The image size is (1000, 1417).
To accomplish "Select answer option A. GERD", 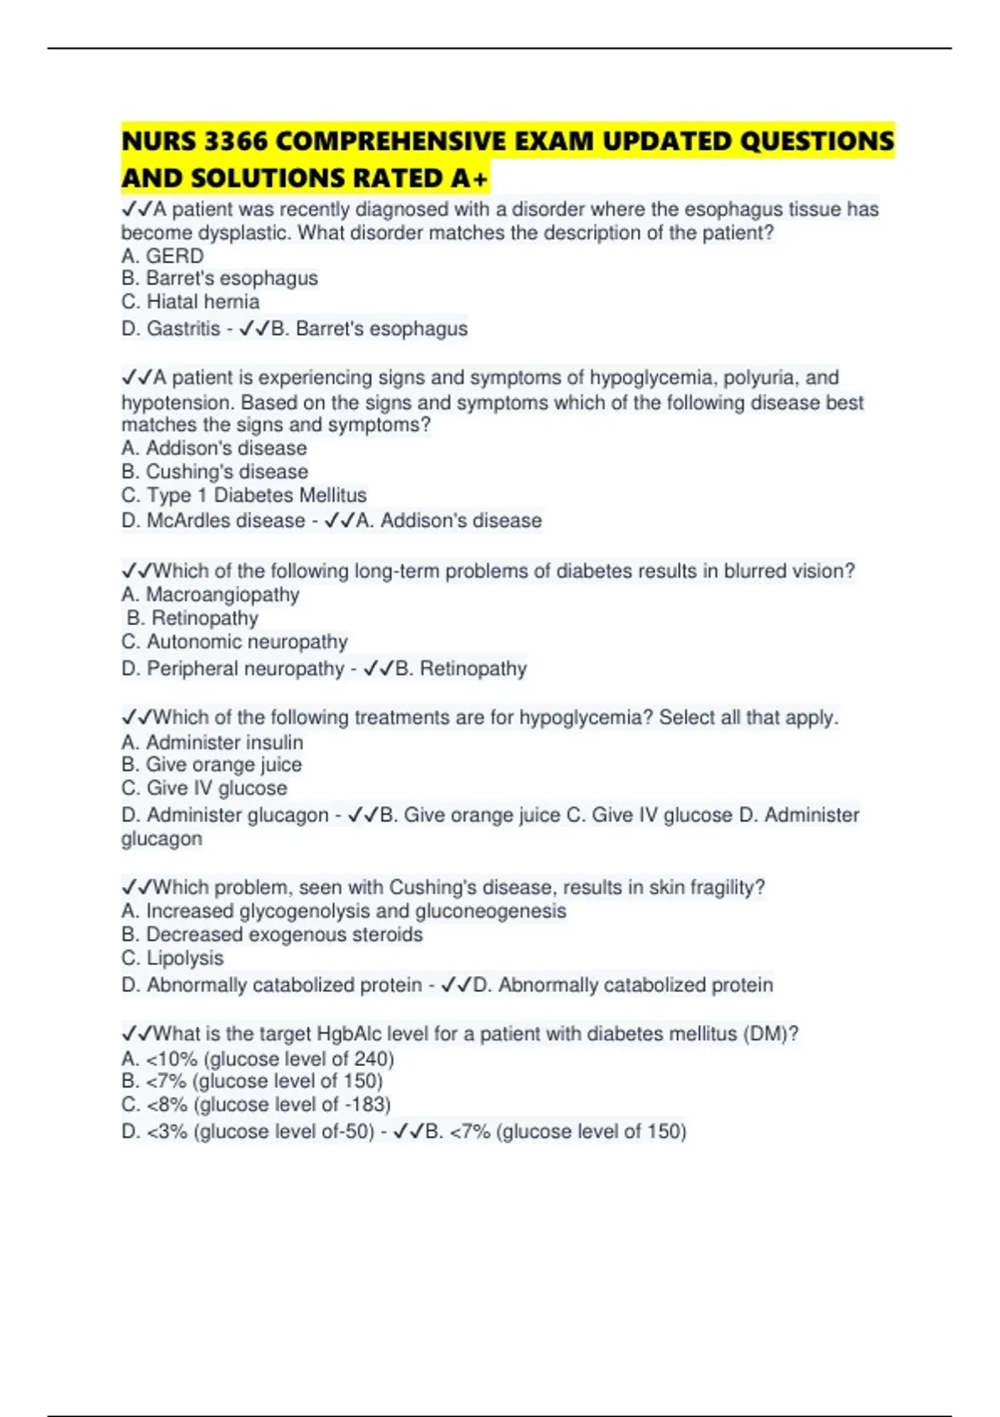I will (x=162, y=256).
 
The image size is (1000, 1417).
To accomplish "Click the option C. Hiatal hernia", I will (x=190, y=302).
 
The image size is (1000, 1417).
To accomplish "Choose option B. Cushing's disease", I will (x=214, y=472).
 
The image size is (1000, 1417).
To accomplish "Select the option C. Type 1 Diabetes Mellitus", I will (x=243, y=495).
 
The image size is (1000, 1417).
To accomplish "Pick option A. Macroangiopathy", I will (x=210, y=595).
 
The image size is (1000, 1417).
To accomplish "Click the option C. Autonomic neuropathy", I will (x=234, y=642).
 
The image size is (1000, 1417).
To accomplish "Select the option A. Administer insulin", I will (x=212, y=743).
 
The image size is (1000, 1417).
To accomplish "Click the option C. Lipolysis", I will (x=172, y=959).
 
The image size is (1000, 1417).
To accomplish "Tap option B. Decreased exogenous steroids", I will (x=272, y=935).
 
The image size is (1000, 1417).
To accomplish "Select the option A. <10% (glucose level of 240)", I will (x=257, y=1059).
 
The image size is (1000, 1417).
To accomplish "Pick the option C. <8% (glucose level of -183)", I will (x=256, y=1105).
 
